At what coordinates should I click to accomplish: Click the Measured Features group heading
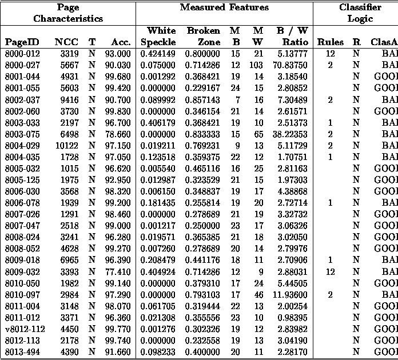(x=224, y=7)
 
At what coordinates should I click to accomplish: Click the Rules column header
(x=330, y=42)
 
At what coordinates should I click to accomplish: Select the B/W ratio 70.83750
(x=289, y=65)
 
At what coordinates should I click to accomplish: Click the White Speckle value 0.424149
(x=158, y=54)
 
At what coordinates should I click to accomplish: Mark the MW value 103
(x=257, y=65)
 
